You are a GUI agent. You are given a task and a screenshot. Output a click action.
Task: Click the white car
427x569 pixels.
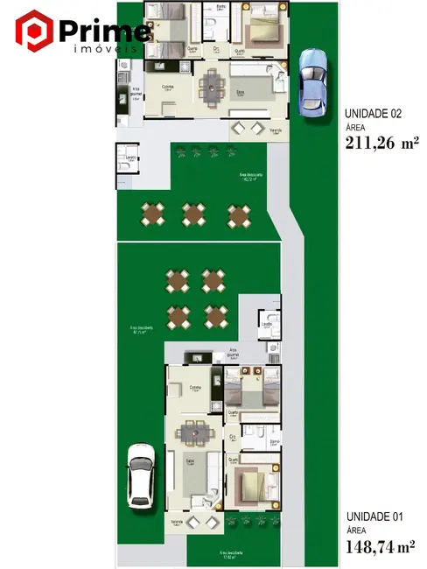tap(140, 475)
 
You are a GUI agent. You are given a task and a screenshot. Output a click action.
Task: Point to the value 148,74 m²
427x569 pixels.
tap(381, 547)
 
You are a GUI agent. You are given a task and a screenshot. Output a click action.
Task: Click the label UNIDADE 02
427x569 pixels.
tap(373, 114)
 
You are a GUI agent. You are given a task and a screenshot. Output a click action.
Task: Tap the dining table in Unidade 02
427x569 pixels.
tap(212, 85)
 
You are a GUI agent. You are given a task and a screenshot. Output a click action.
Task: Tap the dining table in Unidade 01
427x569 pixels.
tap(192, 432)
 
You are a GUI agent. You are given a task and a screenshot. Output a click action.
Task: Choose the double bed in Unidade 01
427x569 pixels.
tap(251, 483)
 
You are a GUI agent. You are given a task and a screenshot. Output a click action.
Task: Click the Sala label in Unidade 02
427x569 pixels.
tap(239, 90)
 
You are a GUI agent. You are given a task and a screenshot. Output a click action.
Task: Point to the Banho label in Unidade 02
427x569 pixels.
tap(221, 7)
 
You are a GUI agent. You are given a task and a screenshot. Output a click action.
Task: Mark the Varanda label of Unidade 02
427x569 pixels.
tap(276, 131)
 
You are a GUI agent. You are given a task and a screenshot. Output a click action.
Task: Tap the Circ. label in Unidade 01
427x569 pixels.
tap(233, 435)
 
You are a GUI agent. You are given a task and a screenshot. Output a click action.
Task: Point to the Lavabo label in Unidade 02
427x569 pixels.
tap(129, 157)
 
